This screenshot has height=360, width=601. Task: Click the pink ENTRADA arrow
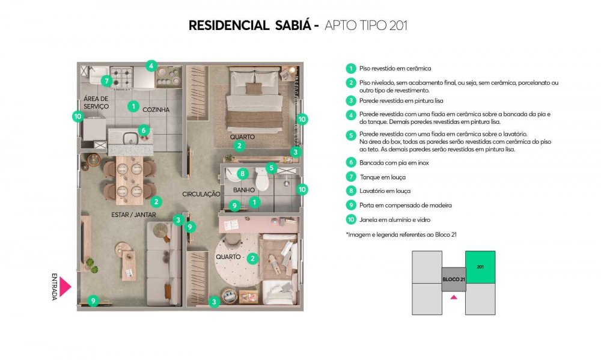click(64, 287)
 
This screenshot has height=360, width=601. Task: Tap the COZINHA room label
click(156, 109)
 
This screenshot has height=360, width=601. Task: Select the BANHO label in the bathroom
click(244, 190)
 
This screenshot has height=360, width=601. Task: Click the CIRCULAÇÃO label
click(201, 194)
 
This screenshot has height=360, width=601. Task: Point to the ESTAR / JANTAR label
click(133, 215)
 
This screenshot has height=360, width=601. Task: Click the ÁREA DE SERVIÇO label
click(96, 103)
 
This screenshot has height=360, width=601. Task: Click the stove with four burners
click(121, 77)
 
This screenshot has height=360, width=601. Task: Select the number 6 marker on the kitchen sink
click(144, 130)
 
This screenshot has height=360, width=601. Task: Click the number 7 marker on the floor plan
click(106, 81)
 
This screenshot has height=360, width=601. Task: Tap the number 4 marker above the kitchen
click(151, 66)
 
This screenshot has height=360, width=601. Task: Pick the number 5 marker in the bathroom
click(272, 168)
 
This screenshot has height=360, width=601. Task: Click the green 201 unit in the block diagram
click(480, 267)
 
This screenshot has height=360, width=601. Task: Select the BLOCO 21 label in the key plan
click(454, 279)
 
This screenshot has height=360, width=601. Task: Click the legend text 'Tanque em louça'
click(382, 177)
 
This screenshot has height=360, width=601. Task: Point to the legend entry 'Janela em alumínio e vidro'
click(395, 220)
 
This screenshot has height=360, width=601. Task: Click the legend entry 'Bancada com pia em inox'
click(394, 162)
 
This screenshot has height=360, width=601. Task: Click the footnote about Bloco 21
click(401, 234)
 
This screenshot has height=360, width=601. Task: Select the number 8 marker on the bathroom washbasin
click(243, 174)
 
